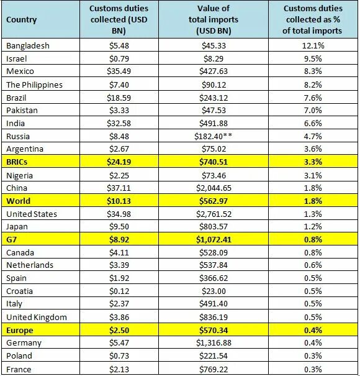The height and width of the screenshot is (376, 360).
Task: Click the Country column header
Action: [22, 19]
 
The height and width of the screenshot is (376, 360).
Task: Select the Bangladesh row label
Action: [27, 45]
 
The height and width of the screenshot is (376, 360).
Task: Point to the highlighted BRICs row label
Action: [17, 162]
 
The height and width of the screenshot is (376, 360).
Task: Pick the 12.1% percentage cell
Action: [312, 45]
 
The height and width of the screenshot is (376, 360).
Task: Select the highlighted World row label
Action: [18, 201]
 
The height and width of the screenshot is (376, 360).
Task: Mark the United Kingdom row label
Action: [36, 317]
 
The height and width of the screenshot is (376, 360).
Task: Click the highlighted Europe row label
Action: [20, 330]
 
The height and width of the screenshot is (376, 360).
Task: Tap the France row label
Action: [18, 369]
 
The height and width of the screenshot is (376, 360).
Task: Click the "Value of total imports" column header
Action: [214, 19]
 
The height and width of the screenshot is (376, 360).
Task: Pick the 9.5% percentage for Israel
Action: [312, 58]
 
